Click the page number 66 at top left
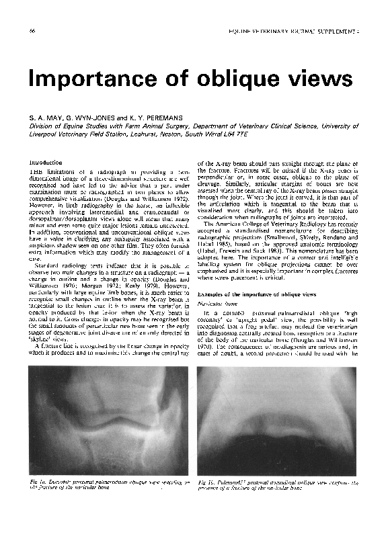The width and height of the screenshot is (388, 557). pos(32,32)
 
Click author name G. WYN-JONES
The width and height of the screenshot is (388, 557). pos(91,117)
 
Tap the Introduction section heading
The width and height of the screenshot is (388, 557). pos(46,163)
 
